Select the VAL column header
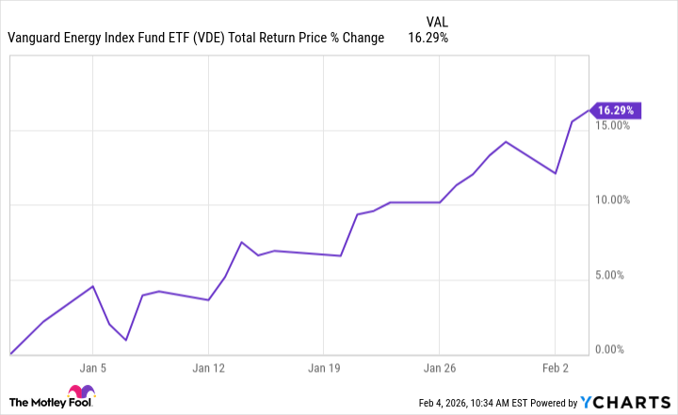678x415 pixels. coord(437,19)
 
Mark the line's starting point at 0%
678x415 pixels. coord(10,355)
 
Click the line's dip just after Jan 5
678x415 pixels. coord(126,340)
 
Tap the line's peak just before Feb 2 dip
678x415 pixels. coord(506,142)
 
